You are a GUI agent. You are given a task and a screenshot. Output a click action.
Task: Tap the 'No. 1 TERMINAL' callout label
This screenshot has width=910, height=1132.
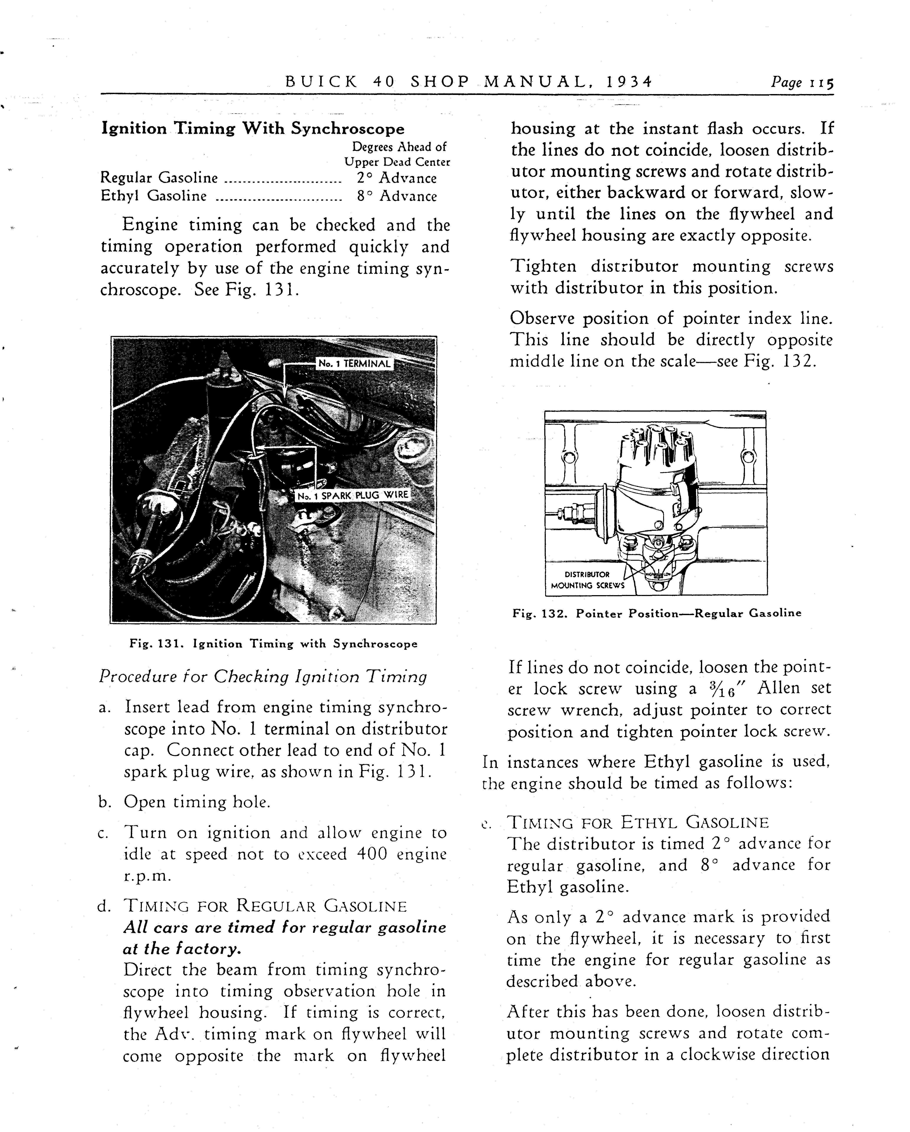pyautogui.click(x=355, y=363)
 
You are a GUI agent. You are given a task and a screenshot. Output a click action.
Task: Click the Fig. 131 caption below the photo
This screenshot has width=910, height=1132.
pyautogui.click(x=273, y=644)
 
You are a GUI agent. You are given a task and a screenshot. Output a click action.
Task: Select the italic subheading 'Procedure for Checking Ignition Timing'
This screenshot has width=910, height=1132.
pyautogui.click(x=263, y=677)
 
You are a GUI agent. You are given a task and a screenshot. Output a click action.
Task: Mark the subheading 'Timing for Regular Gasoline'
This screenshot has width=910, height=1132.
pyautogui.click(x=265, y=906)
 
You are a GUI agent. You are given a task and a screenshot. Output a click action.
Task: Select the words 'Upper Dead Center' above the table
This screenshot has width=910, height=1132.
pyautogui.click(x=397, y=162)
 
